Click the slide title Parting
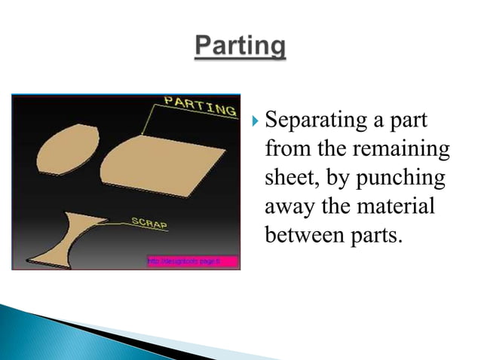[x=240, y=48]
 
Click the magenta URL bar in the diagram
[x=191, y=261]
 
